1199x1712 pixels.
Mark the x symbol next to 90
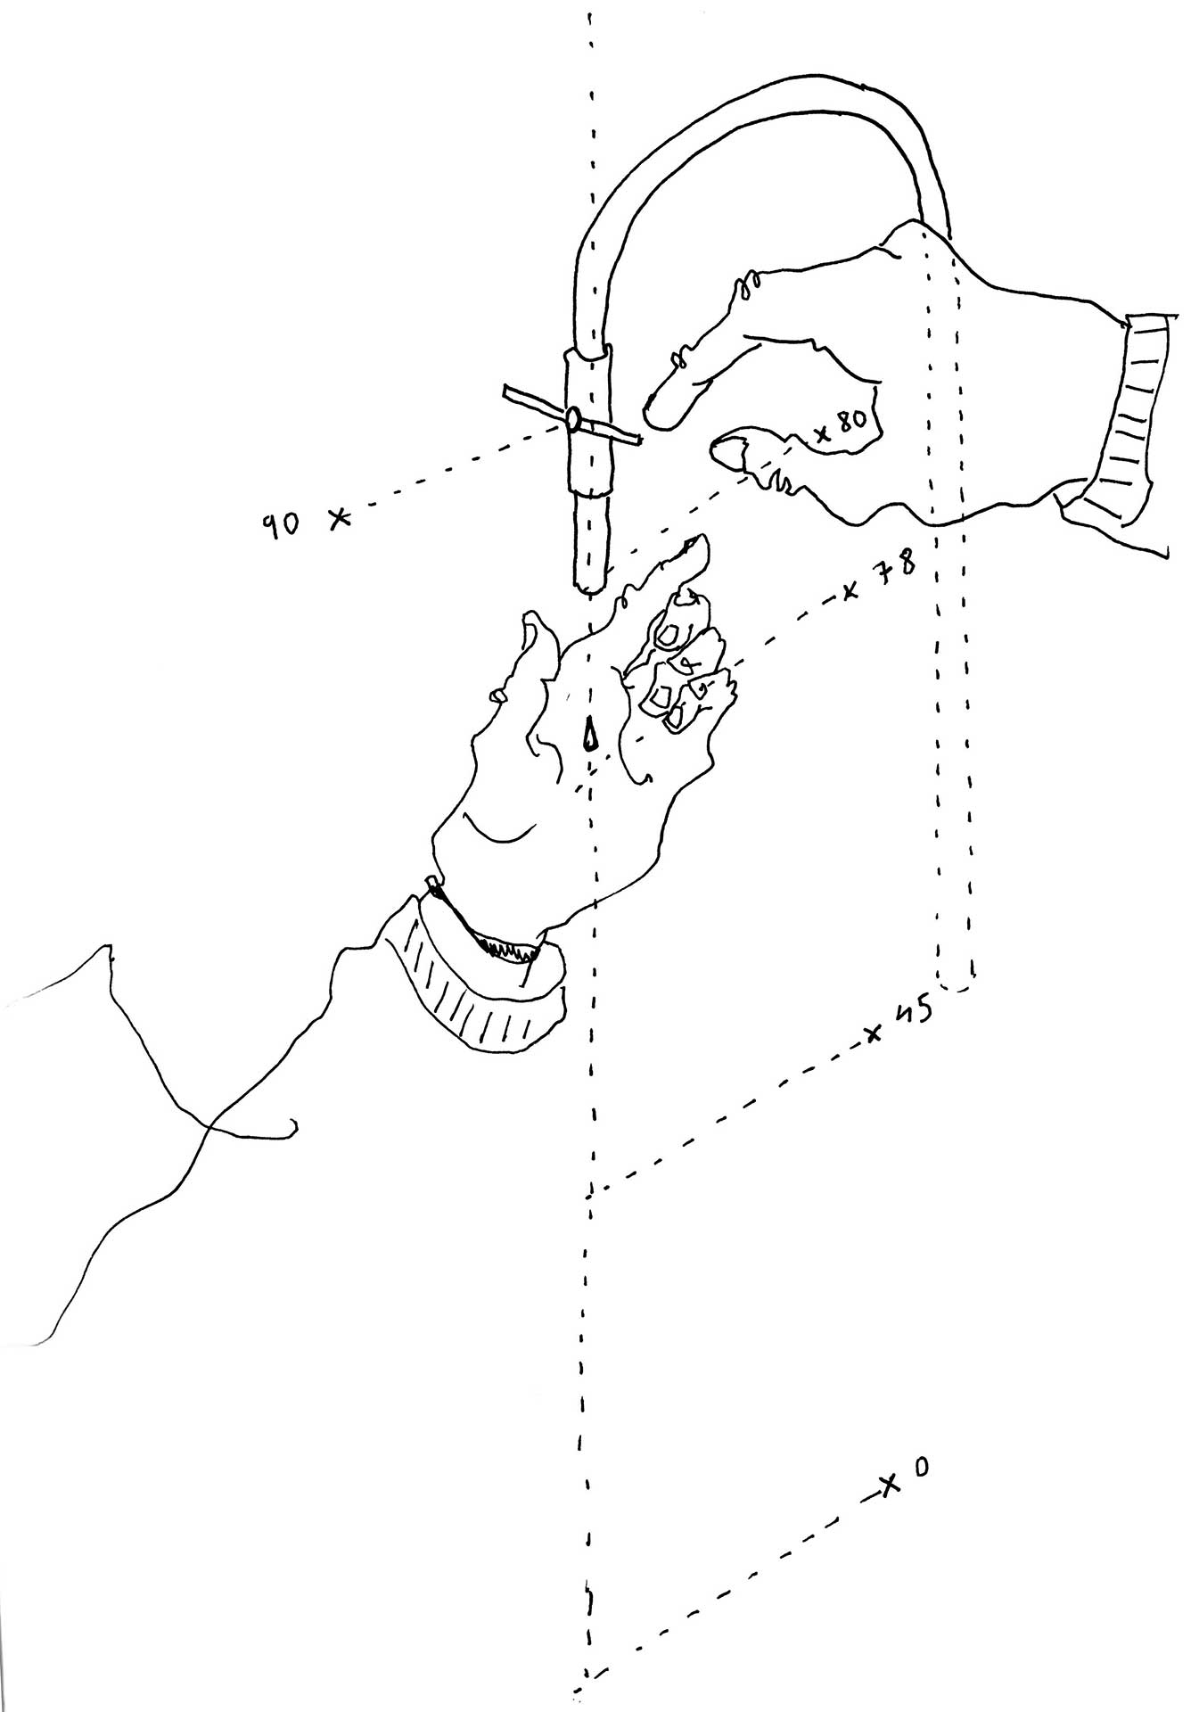pos(339,518)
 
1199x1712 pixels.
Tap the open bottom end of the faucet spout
pos(591,587)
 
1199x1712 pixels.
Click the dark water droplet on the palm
pos(589,733)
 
